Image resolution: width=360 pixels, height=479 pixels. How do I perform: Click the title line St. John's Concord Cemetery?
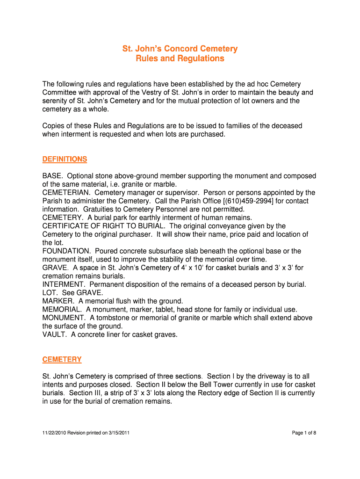(180, 49)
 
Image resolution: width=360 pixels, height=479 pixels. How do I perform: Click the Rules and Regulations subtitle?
(180, 58)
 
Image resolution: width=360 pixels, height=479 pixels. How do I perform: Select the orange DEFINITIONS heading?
(65, 160)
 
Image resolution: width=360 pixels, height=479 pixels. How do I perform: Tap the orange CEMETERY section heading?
(62, 359)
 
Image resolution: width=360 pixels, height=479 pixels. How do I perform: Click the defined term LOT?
(50, 293)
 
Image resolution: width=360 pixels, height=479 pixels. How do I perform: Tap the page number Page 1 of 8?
(304, 433)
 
